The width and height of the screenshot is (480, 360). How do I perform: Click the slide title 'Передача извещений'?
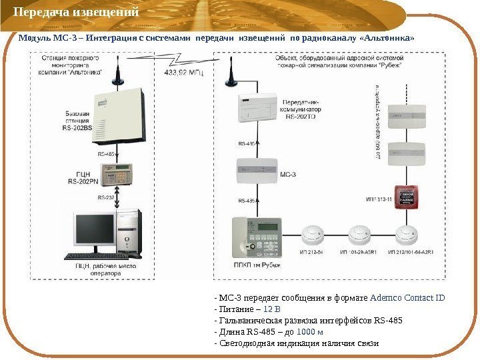pyautogui.click(x=77, y=13)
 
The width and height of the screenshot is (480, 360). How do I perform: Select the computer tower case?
pyautogui.click(x=129, y=234)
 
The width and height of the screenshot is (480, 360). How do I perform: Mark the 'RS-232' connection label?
pyautogui.click(x=106, y=197)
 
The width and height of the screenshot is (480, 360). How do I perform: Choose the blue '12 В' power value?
pyautogui.click(x=272, y=309)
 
